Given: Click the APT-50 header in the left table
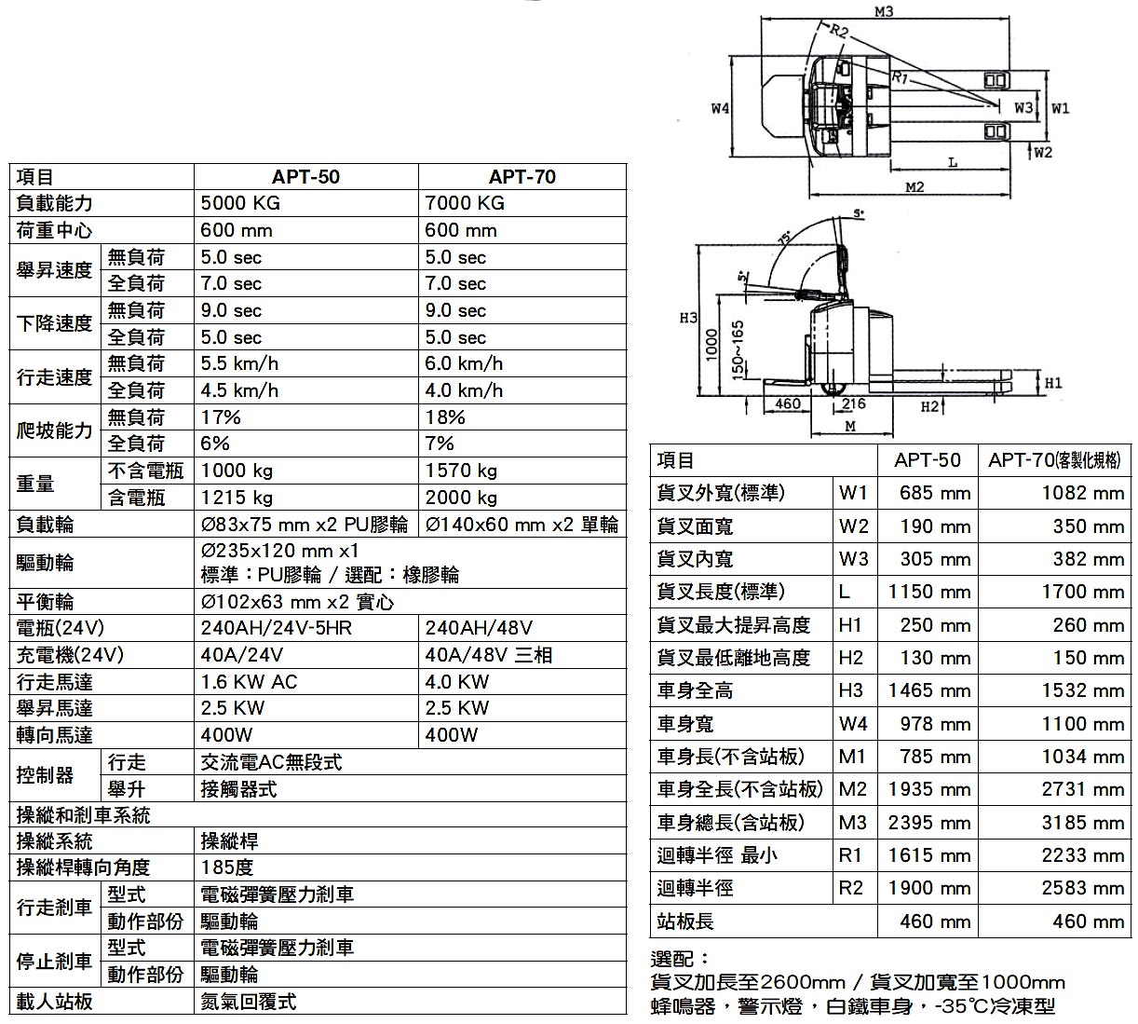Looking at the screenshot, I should (305, 177).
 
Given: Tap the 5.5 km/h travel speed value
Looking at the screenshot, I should (239, 363).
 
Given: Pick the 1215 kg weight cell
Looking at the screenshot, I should (237, 498).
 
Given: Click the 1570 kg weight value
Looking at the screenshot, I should (461, 471).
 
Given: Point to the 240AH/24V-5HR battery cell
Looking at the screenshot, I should (277, 628).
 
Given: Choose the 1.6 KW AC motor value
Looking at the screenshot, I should (249, 682).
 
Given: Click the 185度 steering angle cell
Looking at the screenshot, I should (227, 867).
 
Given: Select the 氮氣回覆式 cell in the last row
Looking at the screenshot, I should (249, 1002).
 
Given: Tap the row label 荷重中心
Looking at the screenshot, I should (55, 230).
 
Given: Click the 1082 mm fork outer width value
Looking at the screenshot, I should (1083, 493).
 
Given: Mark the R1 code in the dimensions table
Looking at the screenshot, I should (850, 855).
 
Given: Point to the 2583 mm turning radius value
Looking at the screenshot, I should (1083, 888).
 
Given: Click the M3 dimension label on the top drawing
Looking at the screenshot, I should (884, 11).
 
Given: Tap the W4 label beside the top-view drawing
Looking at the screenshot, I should (720, 108).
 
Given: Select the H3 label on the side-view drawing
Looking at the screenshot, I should (688, 318).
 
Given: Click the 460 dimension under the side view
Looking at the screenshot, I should (788, 403).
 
